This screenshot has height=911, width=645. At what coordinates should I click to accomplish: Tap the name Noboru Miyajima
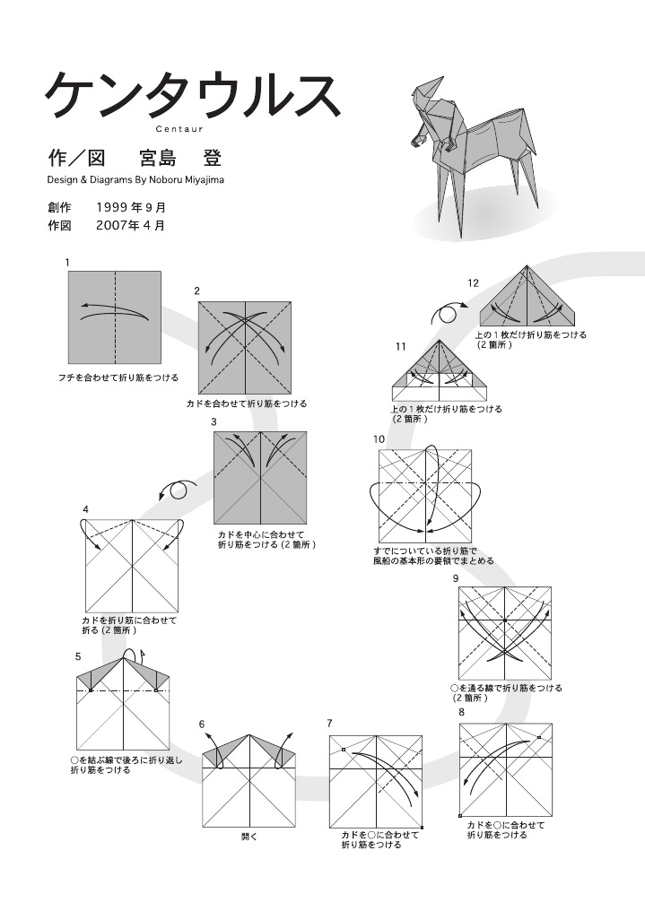(x=182, y=179)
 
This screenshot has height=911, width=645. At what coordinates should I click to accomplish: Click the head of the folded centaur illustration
(x=429, y=90)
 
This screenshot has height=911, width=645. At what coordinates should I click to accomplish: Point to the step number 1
(x=68, y=262)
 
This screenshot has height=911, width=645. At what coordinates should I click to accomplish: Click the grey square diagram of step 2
(x=245, y=347)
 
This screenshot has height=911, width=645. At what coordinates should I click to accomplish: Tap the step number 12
(x=473, y=283)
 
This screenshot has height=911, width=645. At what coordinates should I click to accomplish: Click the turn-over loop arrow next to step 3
(x=177, y=490)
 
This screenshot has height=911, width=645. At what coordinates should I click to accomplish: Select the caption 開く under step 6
(x=249, y=837)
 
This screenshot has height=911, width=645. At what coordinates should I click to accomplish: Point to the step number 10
(x=379, y=438)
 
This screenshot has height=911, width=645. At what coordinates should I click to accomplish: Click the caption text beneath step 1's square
(x=118, y=377)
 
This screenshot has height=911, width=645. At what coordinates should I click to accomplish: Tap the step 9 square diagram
(x=505, y=633)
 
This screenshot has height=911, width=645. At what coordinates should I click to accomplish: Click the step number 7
(x=330, y=723)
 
